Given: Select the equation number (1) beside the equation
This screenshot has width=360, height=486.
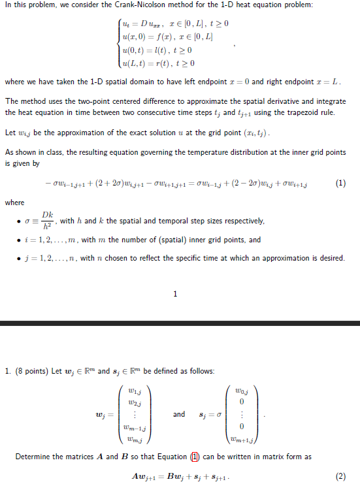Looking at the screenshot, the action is [340, 183].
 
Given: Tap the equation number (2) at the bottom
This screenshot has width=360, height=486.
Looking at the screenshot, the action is [340, 476].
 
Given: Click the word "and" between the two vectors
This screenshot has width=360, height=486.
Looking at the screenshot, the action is [179, 414].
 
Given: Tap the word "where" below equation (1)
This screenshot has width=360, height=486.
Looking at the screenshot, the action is [14, 202].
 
